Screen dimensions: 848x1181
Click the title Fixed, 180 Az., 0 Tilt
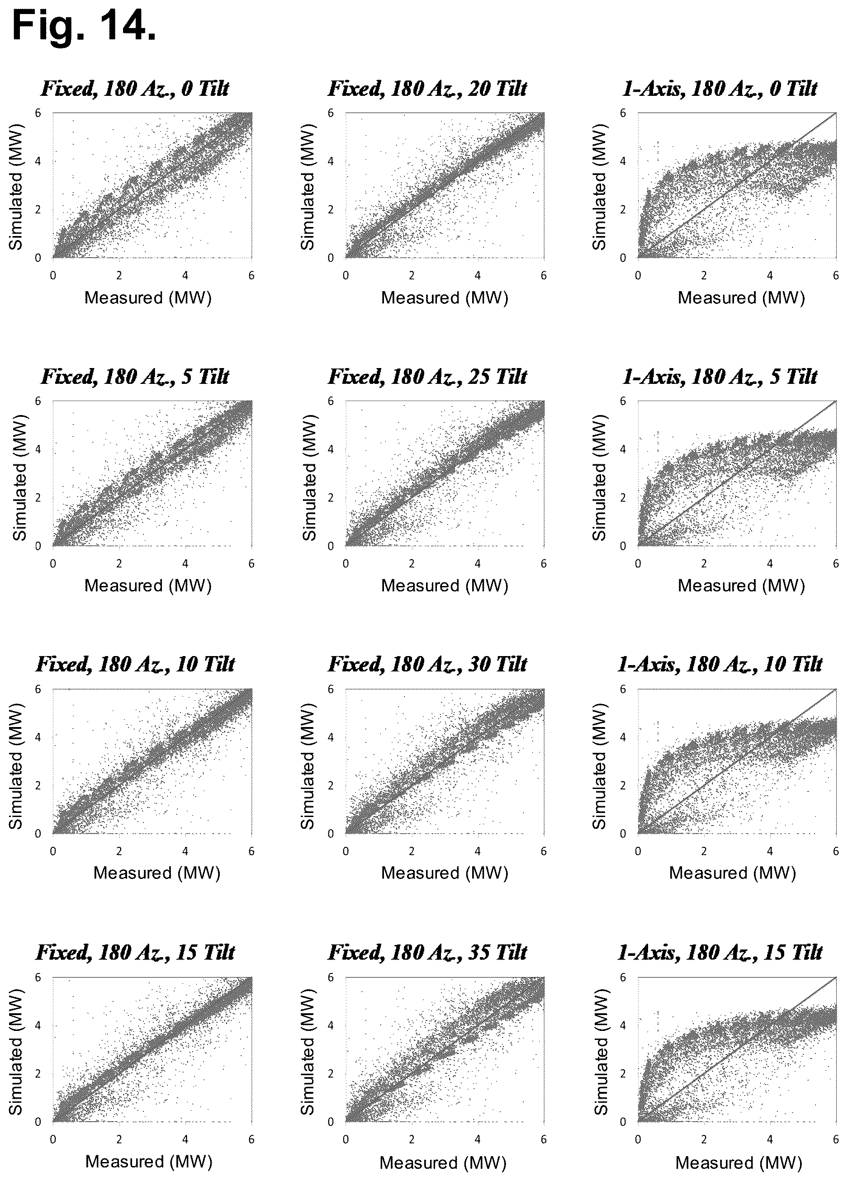tap(135, 89)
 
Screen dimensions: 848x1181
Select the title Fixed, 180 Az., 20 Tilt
tap(428, 89)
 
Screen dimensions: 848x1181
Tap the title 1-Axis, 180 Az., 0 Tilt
tap(720, 89)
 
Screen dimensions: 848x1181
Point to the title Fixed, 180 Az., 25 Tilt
tap(428, 377)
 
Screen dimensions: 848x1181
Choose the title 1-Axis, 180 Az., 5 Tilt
tap(720, 377)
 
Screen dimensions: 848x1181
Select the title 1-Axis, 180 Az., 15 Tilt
tap(720, 952)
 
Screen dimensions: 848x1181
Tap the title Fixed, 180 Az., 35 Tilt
tap(428, 952)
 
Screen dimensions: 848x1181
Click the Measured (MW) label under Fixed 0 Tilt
tap(148, 298)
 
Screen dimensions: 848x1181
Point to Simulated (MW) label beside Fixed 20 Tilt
tap(308, 187)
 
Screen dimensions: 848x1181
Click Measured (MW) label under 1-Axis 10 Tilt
tap(732, 873)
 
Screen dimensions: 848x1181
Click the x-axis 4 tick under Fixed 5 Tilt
tap(185, 563)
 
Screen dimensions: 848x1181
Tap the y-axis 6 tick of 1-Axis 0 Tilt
tap(622, 113)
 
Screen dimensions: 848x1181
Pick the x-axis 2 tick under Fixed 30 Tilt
tap(412, 851)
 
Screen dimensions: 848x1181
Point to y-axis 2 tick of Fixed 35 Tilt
tap(330, 1074)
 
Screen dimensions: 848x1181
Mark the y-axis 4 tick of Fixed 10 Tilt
tap(38, 737)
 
